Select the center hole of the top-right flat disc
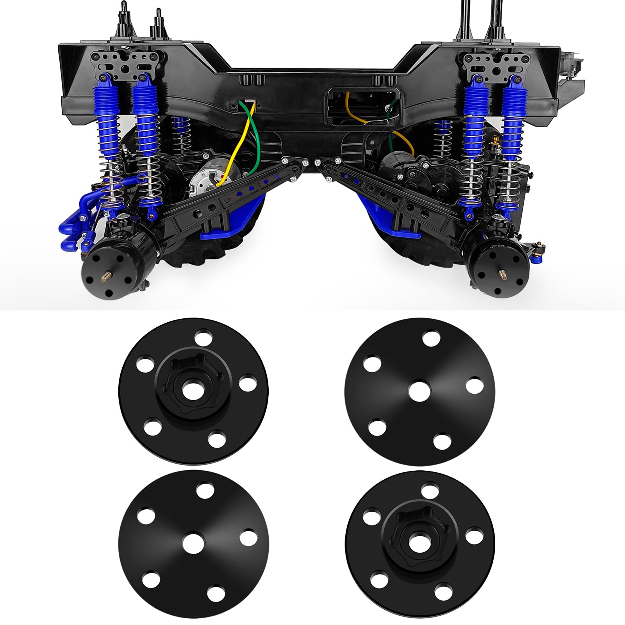tap(420, 391)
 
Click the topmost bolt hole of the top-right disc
tap(431, 339)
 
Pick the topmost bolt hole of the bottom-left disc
tap(205, 491)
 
